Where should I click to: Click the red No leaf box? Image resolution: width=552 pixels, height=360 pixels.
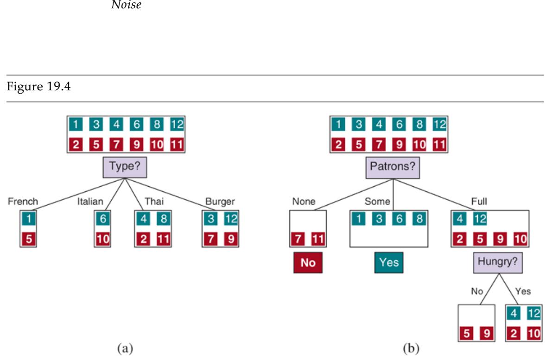(308, 263)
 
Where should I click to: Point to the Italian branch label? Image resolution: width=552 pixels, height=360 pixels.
(90, 202)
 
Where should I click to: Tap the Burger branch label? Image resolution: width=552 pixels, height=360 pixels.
(220, 202)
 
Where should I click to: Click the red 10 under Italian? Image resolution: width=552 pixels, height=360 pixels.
(102, 240)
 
